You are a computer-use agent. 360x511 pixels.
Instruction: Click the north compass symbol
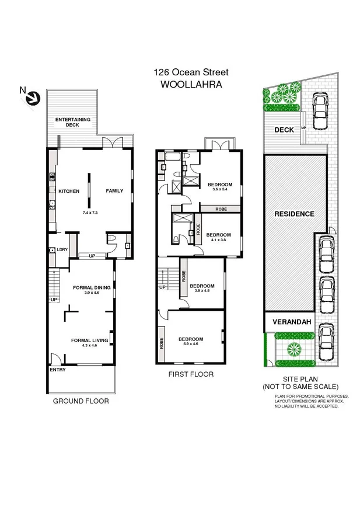tap(30, 96)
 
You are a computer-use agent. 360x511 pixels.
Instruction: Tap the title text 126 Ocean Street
tap(191, 72)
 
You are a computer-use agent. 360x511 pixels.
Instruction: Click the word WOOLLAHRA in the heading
tap(191, 84)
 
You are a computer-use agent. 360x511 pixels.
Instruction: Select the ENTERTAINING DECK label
tap(73, 122)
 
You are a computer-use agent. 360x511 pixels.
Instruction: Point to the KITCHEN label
tap(69, 191)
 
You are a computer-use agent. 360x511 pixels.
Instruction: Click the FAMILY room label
tap(114, 191)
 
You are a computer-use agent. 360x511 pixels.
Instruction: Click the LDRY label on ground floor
tap(62, 250)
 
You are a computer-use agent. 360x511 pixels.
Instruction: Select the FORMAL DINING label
tap(92, 287)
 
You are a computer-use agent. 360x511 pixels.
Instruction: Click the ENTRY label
tap(58, 370)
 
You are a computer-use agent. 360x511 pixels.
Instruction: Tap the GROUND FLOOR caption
tap(81, 401)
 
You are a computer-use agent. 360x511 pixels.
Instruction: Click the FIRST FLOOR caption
tap(190, 374)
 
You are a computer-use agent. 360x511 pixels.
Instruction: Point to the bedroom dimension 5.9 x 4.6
tap(191, 345)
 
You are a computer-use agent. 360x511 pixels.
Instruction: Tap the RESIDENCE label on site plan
tap(294, 214)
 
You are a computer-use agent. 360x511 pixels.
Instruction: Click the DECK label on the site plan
tap(284, 130)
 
